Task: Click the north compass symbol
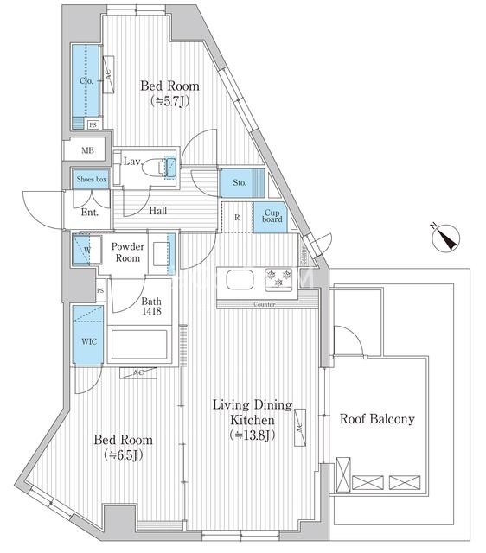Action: point(445,238)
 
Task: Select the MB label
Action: point(87,150)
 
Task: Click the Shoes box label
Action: point(92,179)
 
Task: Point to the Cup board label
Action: point(272,216)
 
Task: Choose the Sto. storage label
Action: point(240,182)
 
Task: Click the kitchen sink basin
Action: point(240,279)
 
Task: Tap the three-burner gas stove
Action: point(278,280)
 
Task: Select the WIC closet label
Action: point(88,341)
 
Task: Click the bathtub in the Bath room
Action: point(139,344)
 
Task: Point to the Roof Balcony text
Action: point(377,419)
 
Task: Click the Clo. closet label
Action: point(86,80)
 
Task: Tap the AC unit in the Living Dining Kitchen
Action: point(300,428)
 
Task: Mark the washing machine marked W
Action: point(87,250)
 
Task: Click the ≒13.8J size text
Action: point(252,435)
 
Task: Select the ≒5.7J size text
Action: point(169,101)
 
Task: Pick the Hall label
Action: point(157,211)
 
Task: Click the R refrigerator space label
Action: point(237,218)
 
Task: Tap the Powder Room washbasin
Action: point(162,253)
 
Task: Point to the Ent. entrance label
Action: point(90,213)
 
